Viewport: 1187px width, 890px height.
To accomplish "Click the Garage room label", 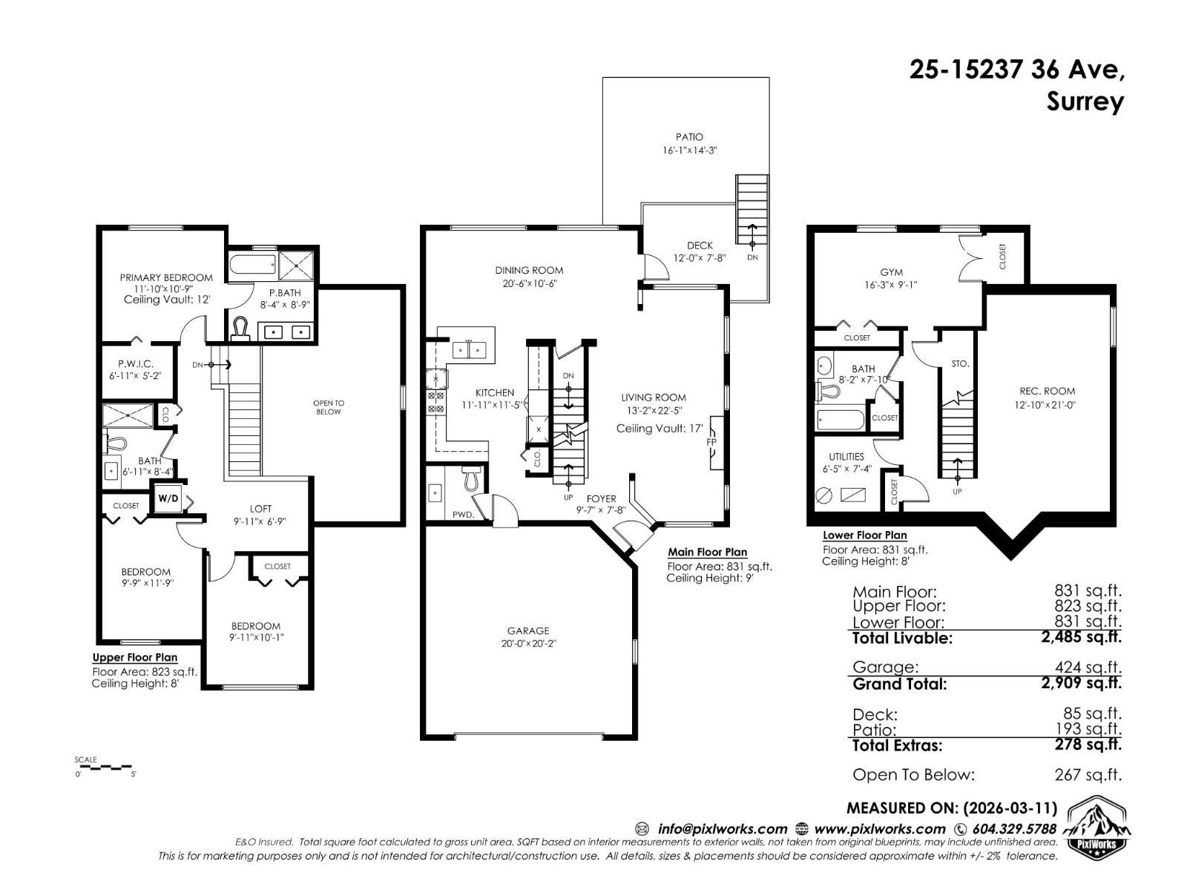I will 528,630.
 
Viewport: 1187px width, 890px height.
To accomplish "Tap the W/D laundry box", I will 168,498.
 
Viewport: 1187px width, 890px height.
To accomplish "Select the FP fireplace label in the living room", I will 711,443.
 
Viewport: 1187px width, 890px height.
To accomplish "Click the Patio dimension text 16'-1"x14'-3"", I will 690,151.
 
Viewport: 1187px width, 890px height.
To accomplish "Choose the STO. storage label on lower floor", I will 959,364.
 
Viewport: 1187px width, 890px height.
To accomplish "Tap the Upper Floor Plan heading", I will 134,657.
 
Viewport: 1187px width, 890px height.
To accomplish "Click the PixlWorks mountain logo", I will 1099,827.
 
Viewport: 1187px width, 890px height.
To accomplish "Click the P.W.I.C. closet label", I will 135,364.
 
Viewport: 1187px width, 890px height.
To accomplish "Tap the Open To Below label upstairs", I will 329,407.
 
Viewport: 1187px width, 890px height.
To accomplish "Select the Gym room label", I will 891,272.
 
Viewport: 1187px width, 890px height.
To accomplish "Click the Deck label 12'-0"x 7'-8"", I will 699,251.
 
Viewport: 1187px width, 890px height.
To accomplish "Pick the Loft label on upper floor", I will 260,509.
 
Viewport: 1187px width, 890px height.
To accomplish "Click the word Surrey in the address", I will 1085,101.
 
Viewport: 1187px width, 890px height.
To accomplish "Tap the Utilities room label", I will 846,457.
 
